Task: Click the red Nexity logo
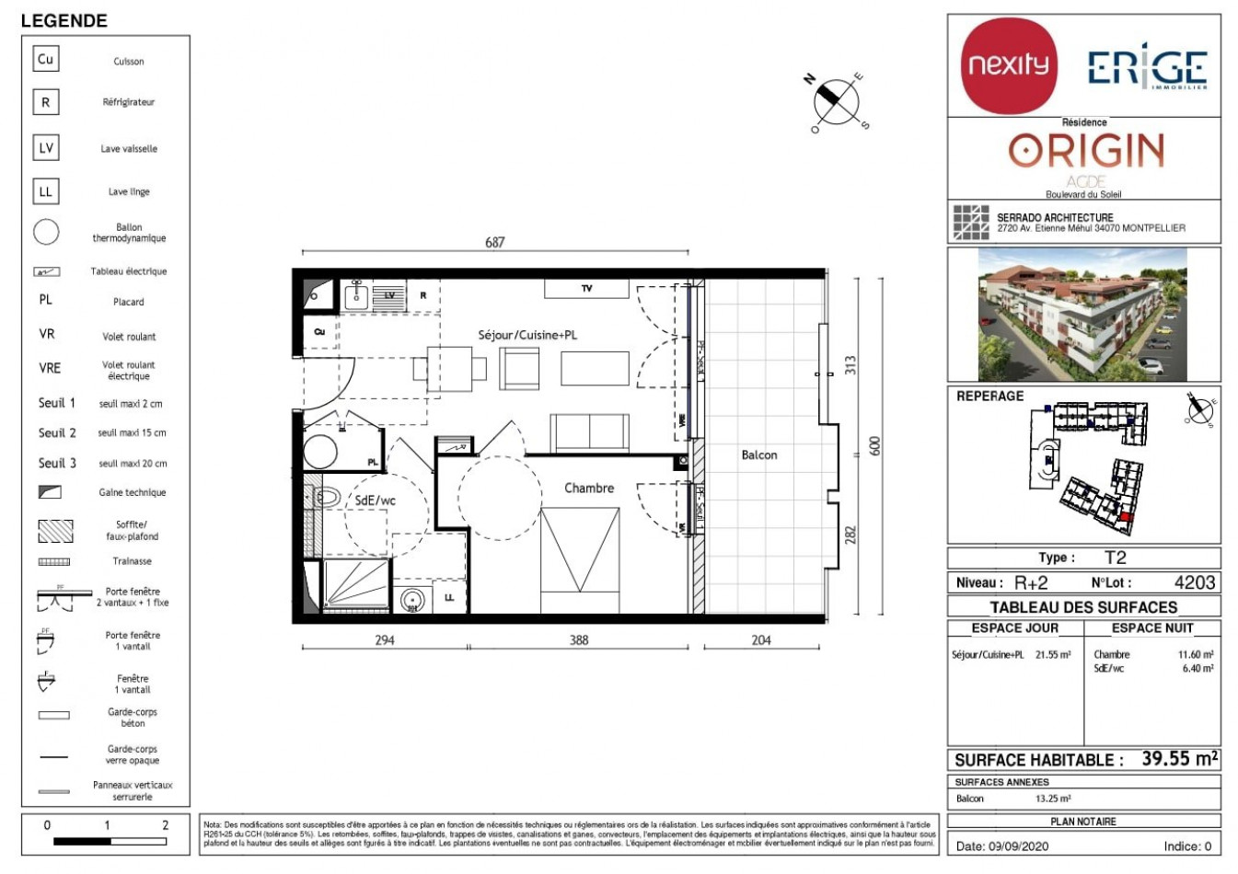[1009, 65]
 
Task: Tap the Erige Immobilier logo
[1147, 69]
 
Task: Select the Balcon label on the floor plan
[758, 454]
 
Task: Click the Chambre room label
[589, 488]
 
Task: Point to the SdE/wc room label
[376, 500]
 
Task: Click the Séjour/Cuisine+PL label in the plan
[527, 335]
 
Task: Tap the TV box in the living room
[586, 289]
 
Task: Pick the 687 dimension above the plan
[495, 243]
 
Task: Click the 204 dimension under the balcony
[761, 640]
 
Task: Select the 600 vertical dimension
[875, 445]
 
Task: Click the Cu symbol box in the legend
[45, 60]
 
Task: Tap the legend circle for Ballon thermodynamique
[46, 232]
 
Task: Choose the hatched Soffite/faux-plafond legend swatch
[55, 531]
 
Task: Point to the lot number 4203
[1194, 582]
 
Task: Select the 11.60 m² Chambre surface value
[1195, 655]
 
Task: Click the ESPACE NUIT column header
[1152, 628]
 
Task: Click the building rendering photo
[1083, 315]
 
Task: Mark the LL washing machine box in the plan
[449, 597]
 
